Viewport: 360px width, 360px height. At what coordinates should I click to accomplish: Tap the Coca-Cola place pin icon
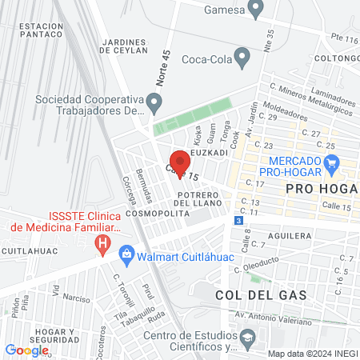coord(244,58)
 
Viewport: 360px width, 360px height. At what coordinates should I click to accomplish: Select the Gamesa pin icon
coord(256,10)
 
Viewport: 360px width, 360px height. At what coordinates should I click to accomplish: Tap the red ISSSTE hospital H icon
coord(102,242)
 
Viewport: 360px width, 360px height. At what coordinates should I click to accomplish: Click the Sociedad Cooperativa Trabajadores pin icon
coord(157,101)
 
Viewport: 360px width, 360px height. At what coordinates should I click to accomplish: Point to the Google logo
coord(27,350)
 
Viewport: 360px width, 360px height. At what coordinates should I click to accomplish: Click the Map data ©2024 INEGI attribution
coord(312,354)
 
